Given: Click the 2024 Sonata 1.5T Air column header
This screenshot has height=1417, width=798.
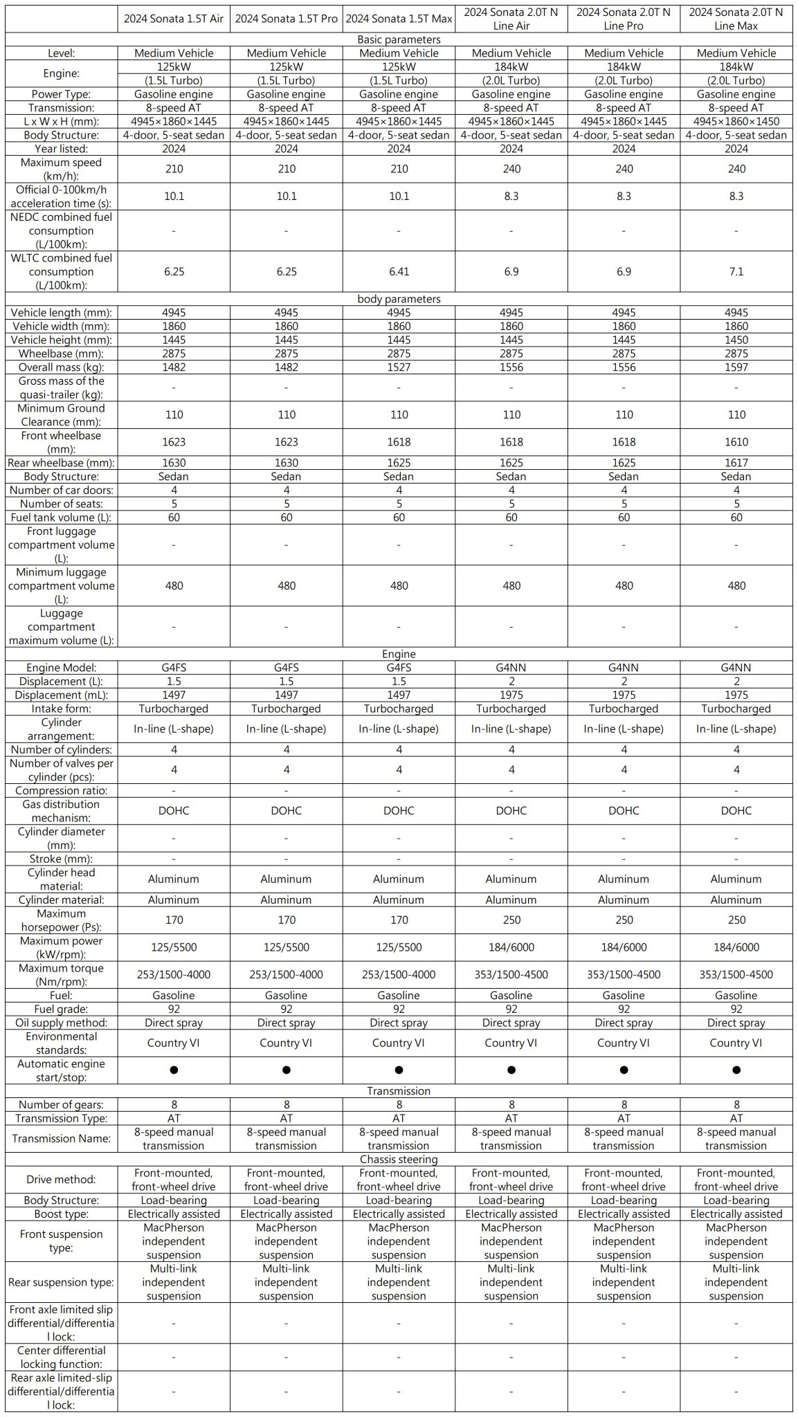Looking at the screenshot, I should pyautogui.click(x=174, y=19).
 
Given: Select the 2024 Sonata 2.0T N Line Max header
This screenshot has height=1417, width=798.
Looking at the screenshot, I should pyautogui.click(x=736, y=19).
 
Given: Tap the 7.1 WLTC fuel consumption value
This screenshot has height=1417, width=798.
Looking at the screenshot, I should pyautogui.click(x=736, y=272).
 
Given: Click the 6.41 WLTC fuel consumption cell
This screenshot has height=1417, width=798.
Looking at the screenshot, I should pyautogui.click(x=399, y=272).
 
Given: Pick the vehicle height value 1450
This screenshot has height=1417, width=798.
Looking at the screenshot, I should pyautogui.click(x=736, y=340).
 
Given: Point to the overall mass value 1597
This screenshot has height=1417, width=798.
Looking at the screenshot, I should pyautogui.click(x=736, y=367).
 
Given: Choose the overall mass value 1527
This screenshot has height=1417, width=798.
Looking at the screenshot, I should pyautogui.click(x=399, y=367).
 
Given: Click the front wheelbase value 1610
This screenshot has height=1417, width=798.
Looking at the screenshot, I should pyautogui.click(x=736, y=442).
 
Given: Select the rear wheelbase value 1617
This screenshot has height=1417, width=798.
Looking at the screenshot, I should pyautogui.click(x=736, y=463).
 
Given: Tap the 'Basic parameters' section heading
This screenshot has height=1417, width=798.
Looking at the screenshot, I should pyautogui.click(x=399, y=39).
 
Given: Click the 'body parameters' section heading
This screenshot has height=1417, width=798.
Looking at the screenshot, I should pyautogui.click(x=399, y=299).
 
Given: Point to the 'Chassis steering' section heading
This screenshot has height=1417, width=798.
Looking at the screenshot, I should pyautogui.click(x=399, y=1159).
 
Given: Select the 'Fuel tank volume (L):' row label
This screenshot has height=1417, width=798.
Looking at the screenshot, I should pyautogui.click(x=62, y=518).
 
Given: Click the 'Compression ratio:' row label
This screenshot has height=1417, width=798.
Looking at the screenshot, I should pyautogui.click(x=62, y=791).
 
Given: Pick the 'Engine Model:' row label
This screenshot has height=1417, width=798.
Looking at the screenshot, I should pyautogui.click(x=62, y=668).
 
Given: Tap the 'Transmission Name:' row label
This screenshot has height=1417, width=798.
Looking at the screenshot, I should pyautogui.click(x=62, y=1138).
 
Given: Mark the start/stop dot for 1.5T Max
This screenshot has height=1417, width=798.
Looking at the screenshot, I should pyautogui.click(x=399, y=1070).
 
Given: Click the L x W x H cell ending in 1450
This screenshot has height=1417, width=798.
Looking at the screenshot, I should pyautogui.click(x=736, y=121).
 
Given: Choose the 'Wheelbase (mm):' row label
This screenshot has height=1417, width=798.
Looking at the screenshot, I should pyautogui.click(x=62, y=354).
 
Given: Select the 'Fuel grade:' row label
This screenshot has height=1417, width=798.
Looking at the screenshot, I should pyautogui.click(x=62, y=1009).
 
